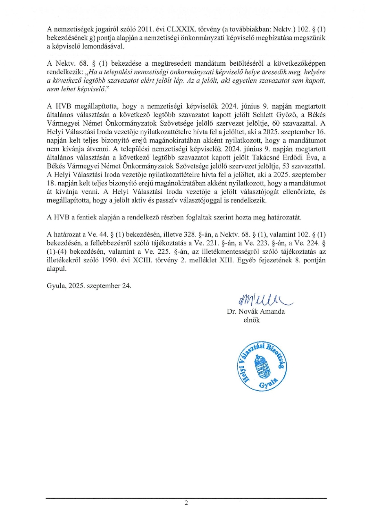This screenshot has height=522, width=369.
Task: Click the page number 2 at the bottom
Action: (x=186, y=503)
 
